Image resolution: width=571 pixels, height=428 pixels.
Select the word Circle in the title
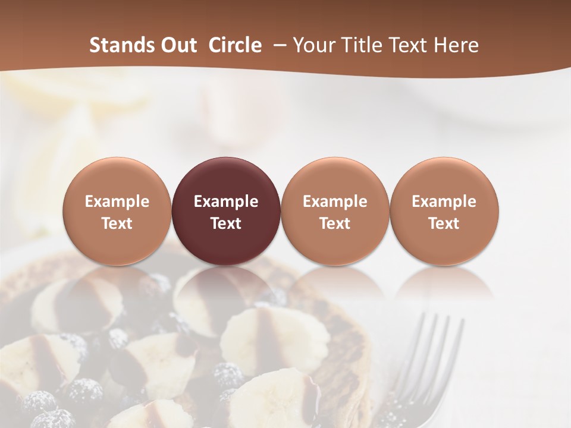pos(235,45)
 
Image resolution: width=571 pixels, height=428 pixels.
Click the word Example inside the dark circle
pos(226,202)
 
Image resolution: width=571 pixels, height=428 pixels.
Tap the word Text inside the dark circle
pos(226,224)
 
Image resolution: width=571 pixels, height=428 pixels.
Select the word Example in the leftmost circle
pos(117,202)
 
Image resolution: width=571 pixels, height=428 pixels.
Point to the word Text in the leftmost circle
pos(117,224)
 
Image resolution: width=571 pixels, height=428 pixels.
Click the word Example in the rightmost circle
pos(444,202)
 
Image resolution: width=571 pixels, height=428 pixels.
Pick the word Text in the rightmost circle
pos(444,224)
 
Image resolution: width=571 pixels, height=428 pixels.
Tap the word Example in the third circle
pos(335,202)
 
